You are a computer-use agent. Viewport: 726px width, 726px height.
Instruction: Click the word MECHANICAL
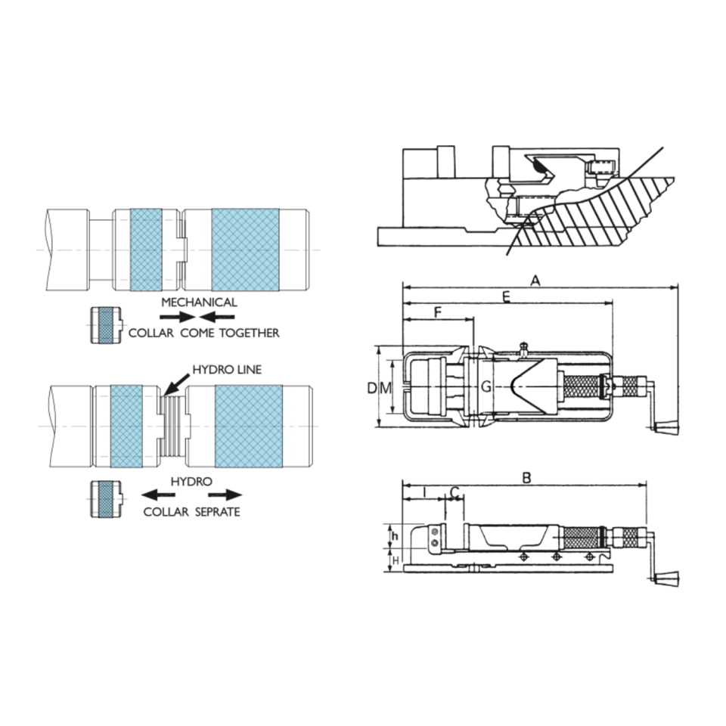point(199,302)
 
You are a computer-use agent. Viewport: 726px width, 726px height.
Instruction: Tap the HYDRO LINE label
point(226,370)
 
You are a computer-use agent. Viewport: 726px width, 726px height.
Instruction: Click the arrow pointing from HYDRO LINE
point(175,383)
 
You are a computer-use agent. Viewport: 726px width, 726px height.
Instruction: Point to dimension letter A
point(535,281)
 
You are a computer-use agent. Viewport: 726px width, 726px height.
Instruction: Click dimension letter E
point(507,297)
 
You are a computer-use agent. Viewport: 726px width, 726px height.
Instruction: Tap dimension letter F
point(439,312)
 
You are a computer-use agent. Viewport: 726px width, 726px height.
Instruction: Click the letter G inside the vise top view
point(487,388)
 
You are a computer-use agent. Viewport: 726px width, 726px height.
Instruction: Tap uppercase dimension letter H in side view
point(394,560)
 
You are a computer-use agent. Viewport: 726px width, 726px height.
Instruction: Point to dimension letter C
point(455,493)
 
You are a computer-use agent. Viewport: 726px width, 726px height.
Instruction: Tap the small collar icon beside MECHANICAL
point(105,325)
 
